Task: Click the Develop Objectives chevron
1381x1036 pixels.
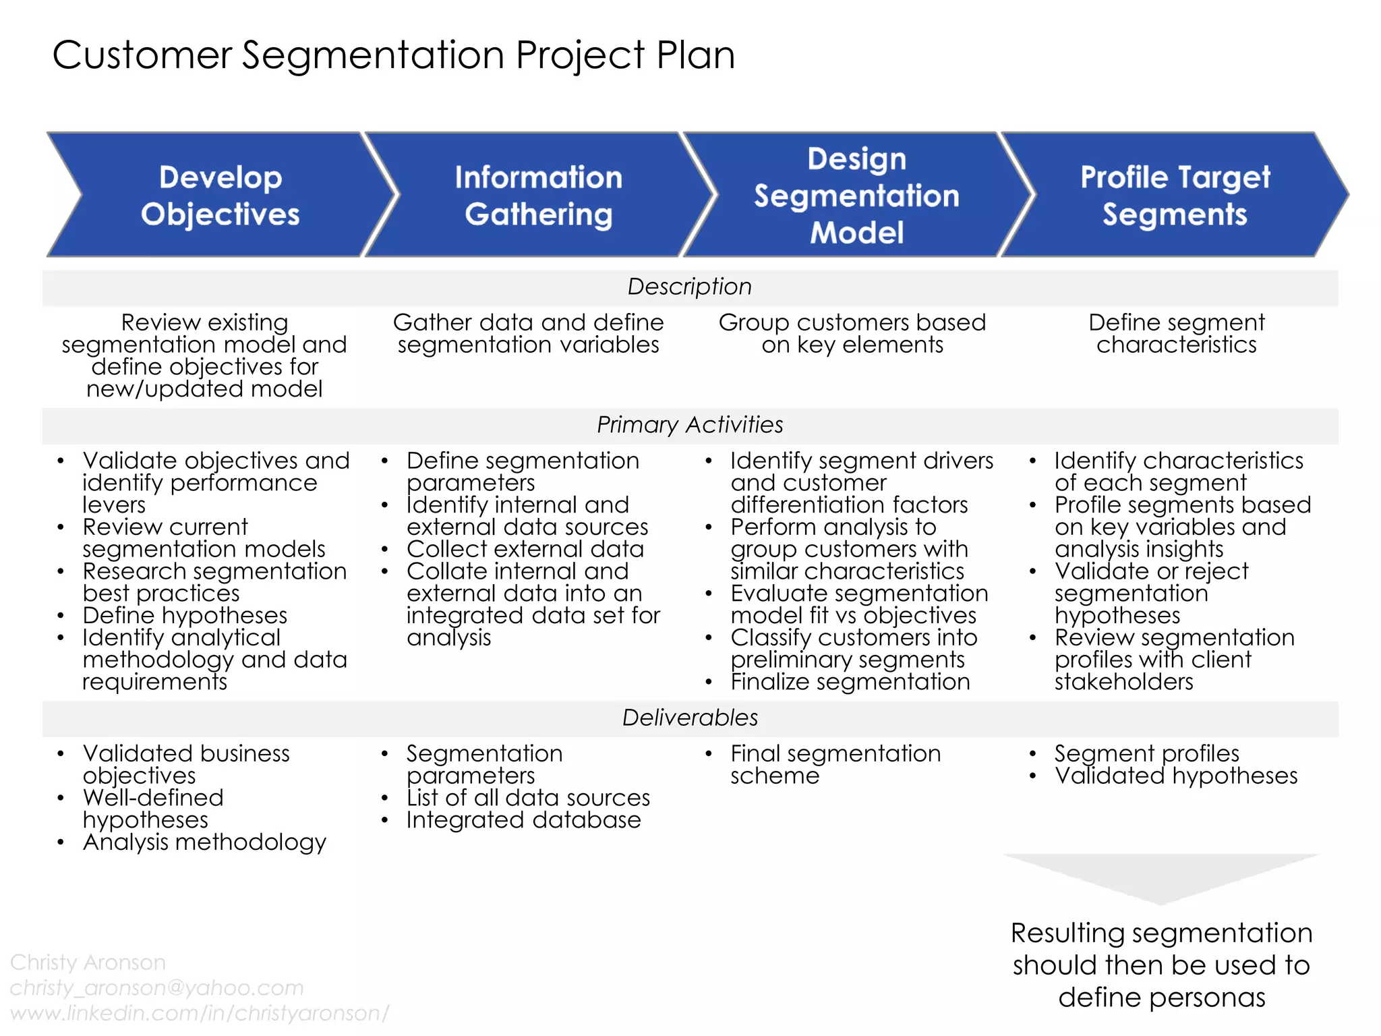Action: [x=220, y=195]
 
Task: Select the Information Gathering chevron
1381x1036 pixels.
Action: [x=538, y=195]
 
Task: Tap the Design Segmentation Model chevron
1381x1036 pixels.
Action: [x=856, y=195]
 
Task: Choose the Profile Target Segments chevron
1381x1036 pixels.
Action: [x=1175, y=195]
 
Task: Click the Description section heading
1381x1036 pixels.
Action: [x=689, y=287]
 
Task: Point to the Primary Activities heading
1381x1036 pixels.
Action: [x=689, y=425]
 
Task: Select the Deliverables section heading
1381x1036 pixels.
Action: [x=689, y=718]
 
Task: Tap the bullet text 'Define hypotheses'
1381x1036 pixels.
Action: [x=185, y=616]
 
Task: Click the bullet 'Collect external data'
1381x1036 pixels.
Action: [x=525, y=549]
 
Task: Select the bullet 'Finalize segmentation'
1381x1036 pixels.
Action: [x=850, y=682]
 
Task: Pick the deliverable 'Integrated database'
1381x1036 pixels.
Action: [x=523, y=820]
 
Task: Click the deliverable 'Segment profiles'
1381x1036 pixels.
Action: [x=1146, y=753]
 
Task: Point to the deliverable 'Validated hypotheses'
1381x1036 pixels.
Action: [x=1175, y=776]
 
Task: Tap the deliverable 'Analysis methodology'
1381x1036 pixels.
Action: [x=204, y=842]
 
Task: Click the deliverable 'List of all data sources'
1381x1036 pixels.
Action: [x=528, y=798]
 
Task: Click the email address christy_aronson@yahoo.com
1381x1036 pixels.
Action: [x=156, y=988]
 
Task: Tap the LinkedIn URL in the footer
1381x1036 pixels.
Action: [x=200, y=1013]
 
